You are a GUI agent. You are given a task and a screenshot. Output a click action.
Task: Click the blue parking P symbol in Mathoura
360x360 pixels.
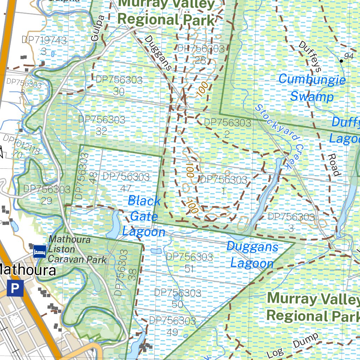point(14,289)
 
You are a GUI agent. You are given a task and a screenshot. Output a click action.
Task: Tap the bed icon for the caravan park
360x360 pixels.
point(40,251)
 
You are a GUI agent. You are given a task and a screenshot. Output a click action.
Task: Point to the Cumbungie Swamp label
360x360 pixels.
point(312,88)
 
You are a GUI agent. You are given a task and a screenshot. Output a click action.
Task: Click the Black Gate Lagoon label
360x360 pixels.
point(144,216)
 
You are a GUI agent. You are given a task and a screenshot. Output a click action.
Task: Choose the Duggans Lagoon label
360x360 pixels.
point(252,255)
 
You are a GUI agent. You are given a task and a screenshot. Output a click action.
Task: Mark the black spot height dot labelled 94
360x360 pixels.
point(341,61)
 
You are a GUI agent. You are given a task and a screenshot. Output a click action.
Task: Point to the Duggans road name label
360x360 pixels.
point(158,53)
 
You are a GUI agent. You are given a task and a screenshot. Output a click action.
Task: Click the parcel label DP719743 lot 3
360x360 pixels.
point(44,45)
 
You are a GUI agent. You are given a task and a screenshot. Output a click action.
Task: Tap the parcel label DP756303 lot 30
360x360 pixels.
point(119,85)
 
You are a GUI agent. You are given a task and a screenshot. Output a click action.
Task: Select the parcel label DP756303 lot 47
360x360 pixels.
point(126,182)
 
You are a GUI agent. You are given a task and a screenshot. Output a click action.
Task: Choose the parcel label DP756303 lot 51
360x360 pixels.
point(189,263)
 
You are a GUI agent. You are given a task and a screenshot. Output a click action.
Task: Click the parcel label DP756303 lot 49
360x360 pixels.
point(172,326)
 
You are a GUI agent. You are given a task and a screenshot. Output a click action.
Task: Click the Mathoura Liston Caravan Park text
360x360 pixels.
point(77,250)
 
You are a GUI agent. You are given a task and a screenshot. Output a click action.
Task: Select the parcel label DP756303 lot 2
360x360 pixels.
point(227,128)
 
